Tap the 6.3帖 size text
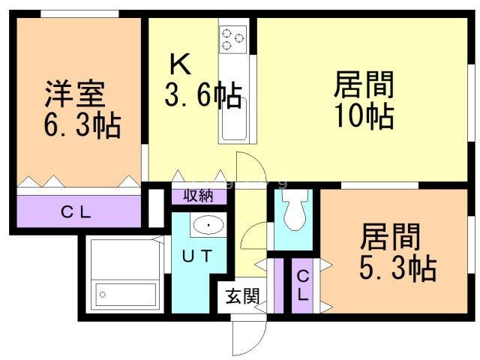tap(82, 125)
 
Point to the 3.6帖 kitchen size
tap(202, 96)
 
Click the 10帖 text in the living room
tap(364, 115)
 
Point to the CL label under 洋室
tap(76, 212)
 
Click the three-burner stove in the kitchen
tap(234, 37)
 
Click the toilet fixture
tap(295, 213)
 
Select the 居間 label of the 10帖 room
tap(364, 85)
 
